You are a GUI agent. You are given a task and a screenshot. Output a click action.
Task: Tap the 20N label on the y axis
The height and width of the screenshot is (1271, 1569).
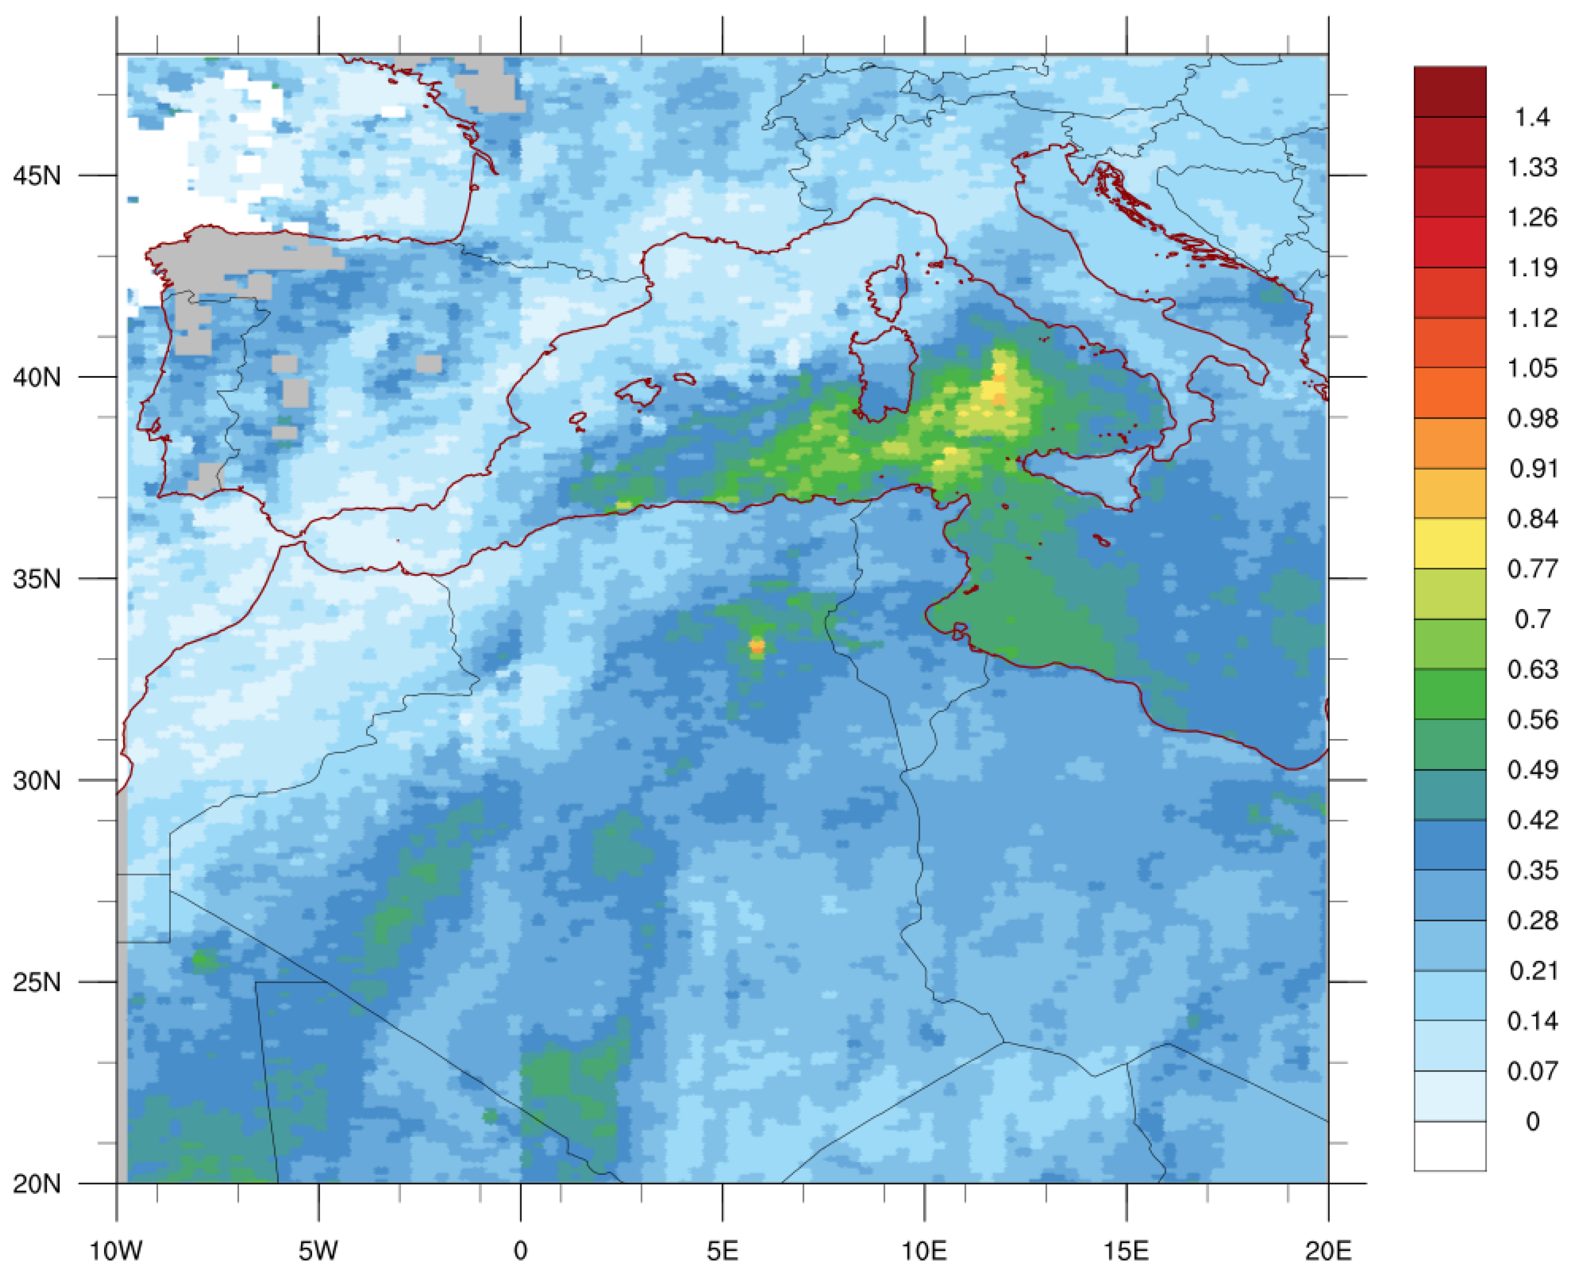coord(37,1184)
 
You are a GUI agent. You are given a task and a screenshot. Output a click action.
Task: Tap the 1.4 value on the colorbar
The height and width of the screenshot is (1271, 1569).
coord(1532,117)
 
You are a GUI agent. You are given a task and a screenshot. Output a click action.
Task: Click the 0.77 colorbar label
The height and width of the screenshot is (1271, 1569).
coord(1532,569)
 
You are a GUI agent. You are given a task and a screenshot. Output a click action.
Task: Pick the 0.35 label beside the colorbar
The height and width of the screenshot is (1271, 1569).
coord(1532,871)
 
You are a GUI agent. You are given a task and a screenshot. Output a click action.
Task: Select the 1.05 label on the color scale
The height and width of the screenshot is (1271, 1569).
coord(1532,368)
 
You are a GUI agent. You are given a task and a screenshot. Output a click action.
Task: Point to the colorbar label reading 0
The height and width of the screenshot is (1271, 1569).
coord(1532,1122)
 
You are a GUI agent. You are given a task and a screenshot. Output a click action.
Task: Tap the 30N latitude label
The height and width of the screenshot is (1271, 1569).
coord(37,780)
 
